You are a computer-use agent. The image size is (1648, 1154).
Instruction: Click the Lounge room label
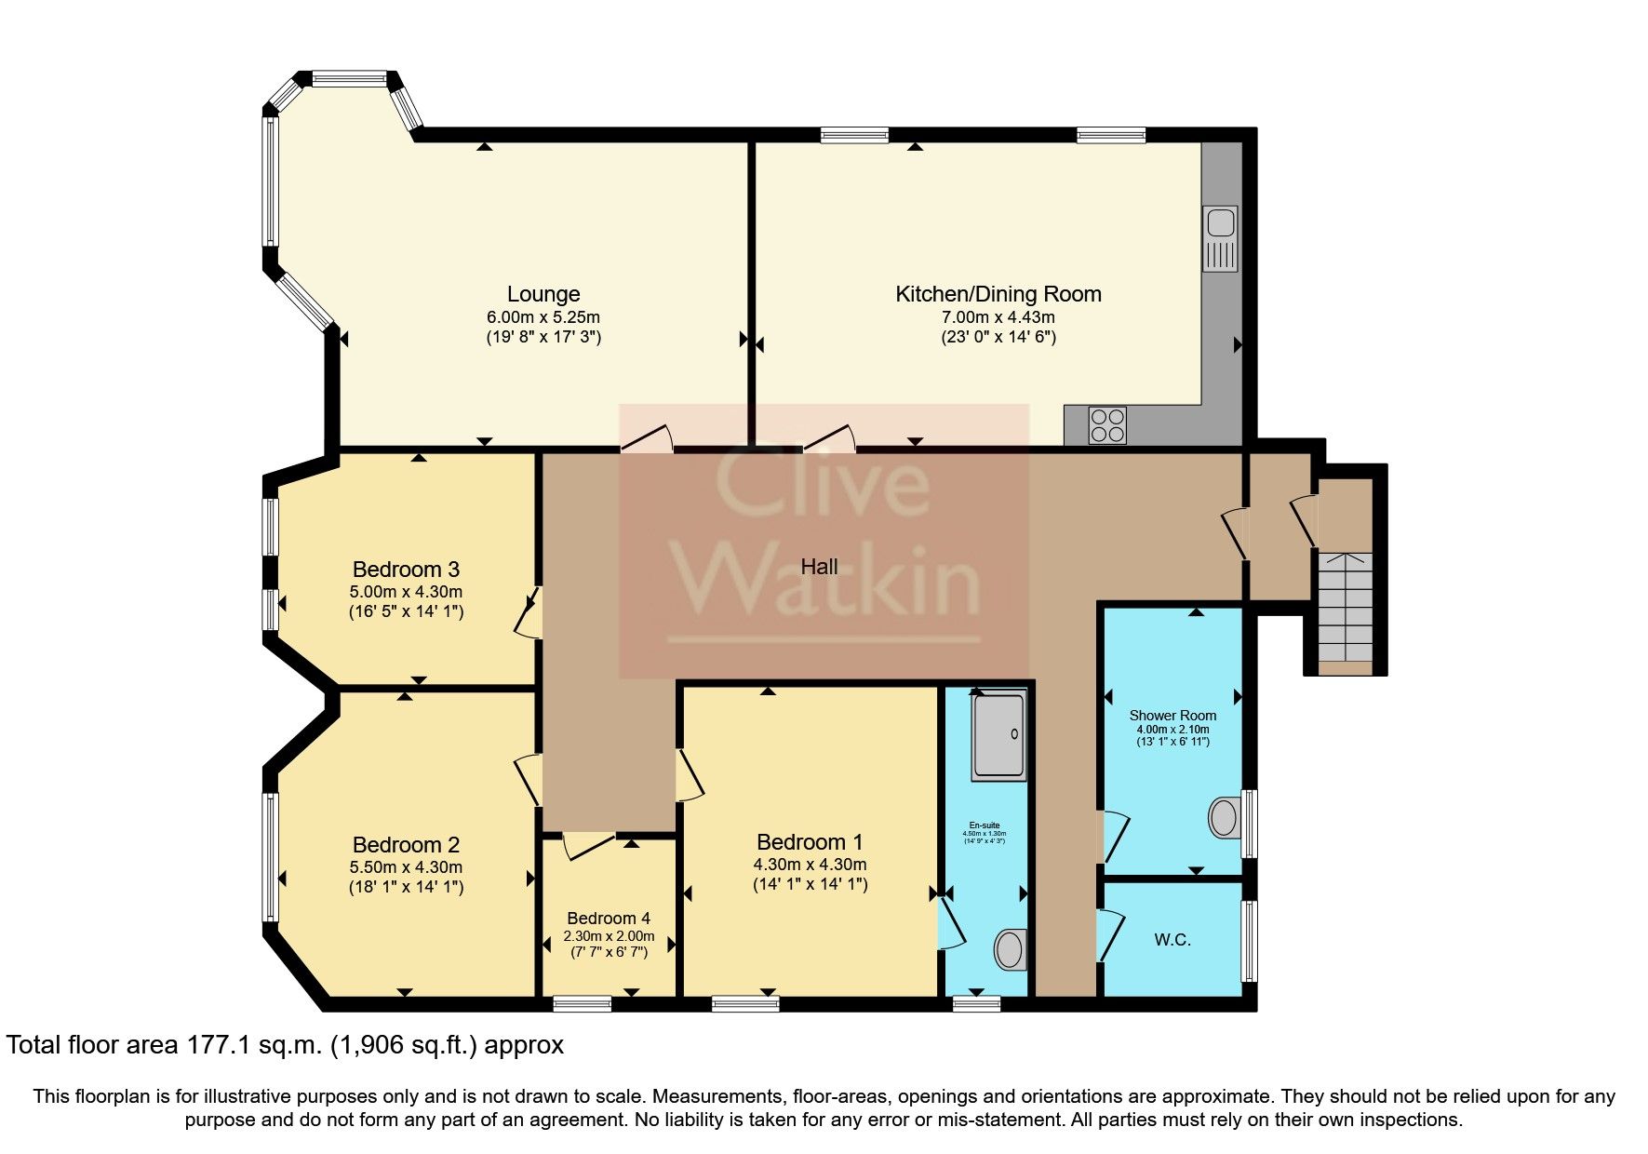[543, 295]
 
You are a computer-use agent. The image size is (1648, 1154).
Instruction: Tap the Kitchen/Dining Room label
[998, 295]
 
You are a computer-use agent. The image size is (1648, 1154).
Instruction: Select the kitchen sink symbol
[1220, 238]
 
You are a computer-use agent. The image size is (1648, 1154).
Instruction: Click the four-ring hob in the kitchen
[1107, 425]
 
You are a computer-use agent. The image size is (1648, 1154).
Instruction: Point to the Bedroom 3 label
[406, 570]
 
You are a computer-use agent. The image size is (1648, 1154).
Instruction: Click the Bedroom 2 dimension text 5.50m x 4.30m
[406, 866]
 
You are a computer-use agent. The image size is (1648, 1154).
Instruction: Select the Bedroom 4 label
[609, 919]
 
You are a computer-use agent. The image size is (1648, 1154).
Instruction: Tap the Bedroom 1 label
[810, 842]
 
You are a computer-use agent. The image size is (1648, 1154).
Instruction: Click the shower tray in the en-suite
[999, 735]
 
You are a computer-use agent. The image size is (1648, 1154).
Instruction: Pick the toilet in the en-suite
[1010, 949]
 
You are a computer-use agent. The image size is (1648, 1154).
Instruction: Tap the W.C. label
[1172, 940]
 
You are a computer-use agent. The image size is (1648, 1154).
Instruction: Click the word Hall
[819, 567]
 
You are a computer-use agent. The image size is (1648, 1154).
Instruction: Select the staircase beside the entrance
[1346, 610]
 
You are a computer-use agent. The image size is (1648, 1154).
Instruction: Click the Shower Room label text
[1172, 716]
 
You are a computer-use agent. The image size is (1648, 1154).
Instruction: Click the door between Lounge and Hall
[647, 438]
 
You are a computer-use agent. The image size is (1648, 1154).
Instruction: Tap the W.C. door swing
[1111, 935]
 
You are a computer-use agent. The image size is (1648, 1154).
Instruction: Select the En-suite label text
[984, 825]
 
